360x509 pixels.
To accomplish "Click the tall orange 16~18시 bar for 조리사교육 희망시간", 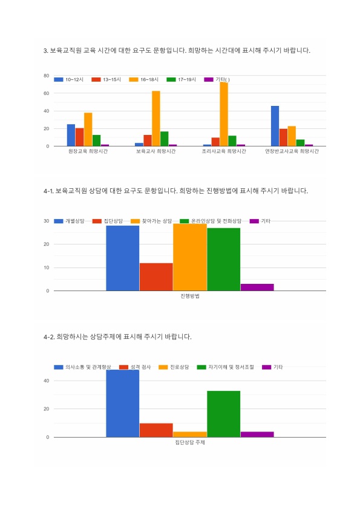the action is pos(224,114).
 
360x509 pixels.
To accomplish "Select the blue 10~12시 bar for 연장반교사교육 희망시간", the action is pos(275,126).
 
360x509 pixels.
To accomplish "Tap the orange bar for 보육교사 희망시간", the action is pos(156,119).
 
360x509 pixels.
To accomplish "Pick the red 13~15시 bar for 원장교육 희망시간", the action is pos(79,137).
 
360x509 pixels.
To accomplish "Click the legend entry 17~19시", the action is pos(181,79).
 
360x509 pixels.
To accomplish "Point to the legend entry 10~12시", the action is pos(68,79).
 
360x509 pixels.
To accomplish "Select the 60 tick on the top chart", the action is pos(47,93).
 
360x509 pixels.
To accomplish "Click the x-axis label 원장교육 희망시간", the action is pos(88,151).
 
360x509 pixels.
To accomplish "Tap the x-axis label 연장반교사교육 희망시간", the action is pos(292,151).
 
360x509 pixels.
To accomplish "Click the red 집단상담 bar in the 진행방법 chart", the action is pos(156,277).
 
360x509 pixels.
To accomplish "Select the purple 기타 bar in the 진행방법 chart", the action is pos(257,287).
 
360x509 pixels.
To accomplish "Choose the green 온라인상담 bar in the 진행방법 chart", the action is pos(224,260).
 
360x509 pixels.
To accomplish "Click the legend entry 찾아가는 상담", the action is pos(151,221).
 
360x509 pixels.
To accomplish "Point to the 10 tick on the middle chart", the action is pos(47,268).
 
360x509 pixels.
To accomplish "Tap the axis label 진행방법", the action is pos(190,296).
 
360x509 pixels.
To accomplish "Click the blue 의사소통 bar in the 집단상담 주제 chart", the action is pos(123,404).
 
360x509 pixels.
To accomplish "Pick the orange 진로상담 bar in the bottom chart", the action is pos(190,435).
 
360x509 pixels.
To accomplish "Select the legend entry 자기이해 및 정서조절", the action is pos(226,367).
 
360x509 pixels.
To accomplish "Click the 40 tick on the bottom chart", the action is pos(47,381).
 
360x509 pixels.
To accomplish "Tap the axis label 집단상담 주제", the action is pos(190,442).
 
